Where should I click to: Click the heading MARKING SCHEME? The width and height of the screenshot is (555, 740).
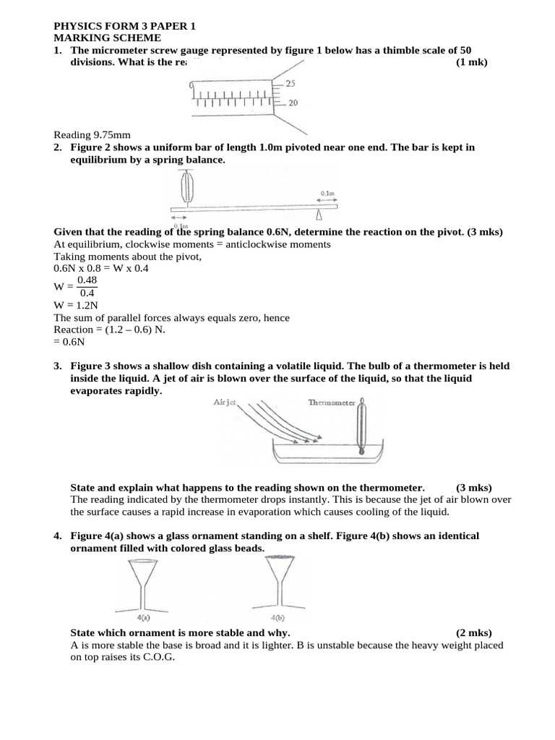108,38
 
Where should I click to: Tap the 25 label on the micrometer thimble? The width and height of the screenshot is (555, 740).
293,84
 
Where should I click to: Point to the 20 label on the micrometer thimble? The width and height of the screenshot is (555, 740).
293,103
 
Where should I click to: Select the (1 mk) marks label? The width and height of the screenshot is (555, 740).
472,62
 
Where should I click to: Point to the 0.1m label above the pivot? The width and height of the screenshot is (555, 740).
327,194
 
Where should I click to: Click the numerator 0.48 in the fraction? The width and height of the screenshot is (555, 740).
87,280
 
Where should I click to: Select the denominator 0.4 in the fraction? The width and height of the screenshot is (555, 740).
87,293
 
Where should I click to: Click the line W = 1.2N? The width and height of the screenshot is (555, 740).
74,304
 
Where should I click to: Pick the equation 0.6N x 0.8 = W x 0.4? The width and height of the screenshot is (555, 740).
106,267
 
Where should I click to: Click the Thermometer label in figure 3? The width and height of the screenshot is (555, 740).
332,403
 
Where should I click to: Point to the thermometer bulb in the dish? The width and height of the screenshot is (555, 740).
362,449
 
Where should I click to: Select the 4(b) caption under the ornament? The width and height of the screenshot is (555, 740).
277,619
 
